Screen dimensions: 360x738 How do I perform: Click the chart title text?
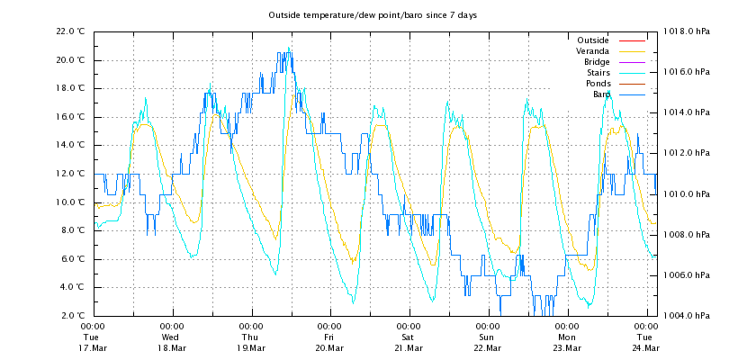(372, 15)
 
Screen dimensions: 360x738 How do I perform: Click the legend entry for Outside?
(593, 40)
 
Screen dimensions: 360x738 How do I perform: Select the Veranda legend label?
(592, 51)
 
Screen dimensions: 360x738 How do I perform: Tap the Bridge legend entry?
(597, 62)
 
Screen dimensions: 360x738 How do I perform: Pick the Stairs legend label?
(598, 73)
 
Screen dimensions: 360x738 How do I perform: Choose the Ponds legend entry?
(598, 84)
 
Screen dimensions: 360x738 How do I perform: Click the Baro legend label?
(601, 94)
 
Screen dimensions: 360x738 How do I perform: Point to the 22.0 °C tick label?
(70, 31)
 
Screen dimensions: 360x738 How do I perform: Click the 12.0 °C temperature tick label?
(70, 174)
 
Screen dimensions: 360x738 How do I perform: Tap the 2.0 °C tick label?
(72, 316)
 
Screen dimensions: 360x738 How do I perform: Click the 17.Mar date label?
(93, 347)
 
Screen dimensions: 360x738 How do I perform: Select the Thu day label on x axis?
(251, 337)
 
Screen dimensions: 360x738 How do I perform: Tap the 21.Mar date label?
(409, 347)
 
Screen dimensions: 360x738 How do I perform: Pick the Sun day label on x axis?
(487, 337)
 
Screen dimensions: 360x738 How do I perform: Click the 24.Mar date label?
(645, 347)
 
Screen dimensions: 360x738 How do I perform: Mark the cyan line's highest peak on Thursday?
(289, 48)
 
